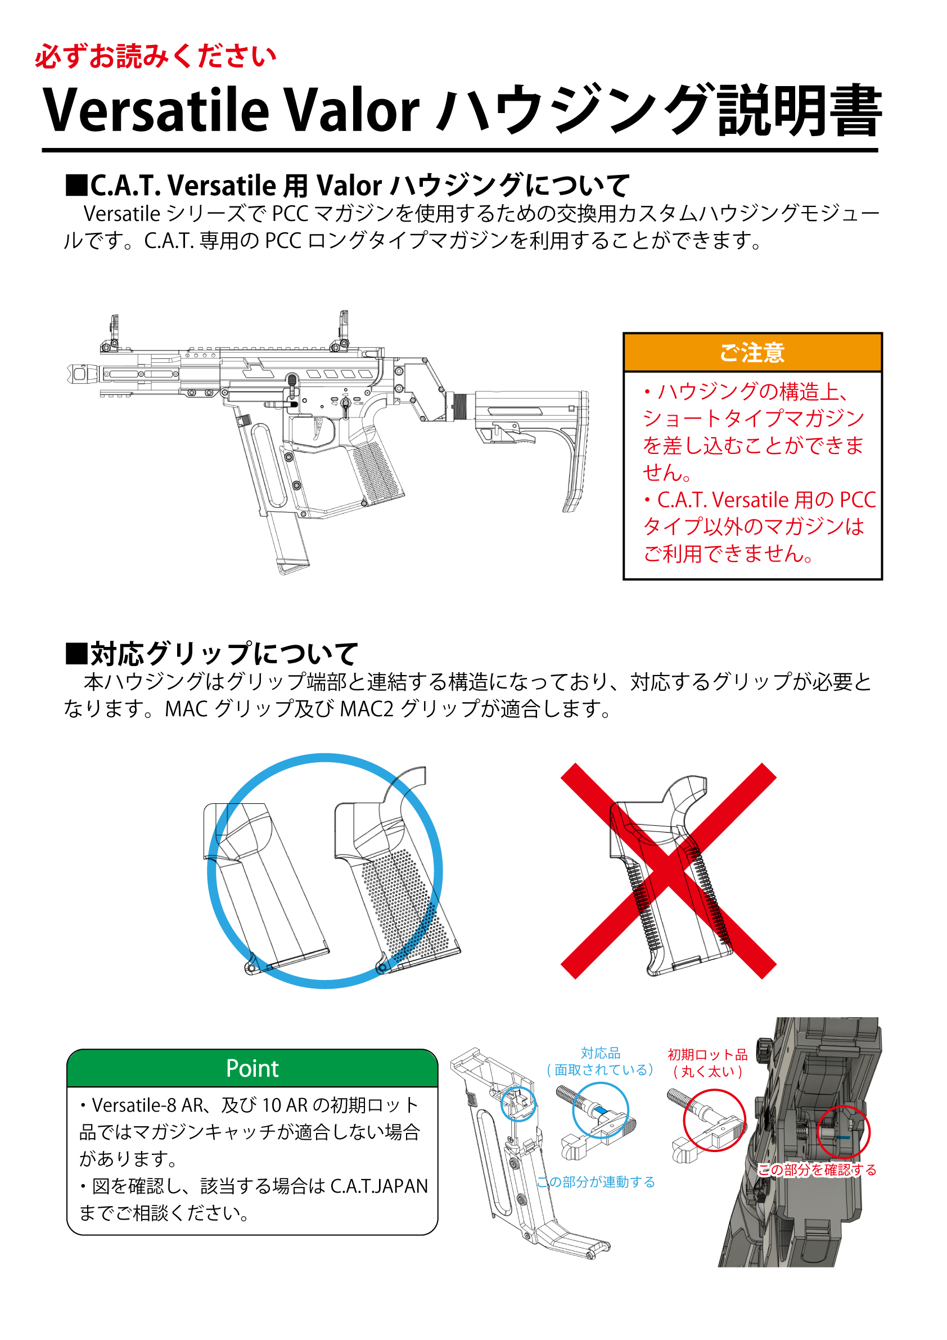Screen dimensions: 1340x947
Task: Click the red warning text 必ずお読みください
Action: [x=155, y=57]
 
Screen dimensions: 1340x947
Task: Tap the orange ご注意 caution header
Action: [x=752, y=353]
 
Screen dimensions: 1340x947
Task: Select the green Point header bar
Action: [x=252, y=1069]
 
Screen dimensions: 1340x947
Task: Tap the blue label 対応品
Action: [x=601, y=1054]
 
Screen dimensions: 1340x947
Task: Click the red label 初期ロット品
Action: [x=708, y=1055]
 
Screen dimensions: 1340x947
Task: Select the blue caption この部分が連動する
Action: [x=595, y=1182]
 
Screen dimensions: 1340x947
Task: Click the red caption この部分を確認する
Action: [x=817, y=1170]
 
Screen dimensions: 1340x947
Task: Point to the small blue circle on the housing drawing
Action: [x=517, y=1104]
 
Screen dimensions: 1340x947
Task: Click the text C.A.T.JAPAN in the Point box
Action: [x=379, y=1186]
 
